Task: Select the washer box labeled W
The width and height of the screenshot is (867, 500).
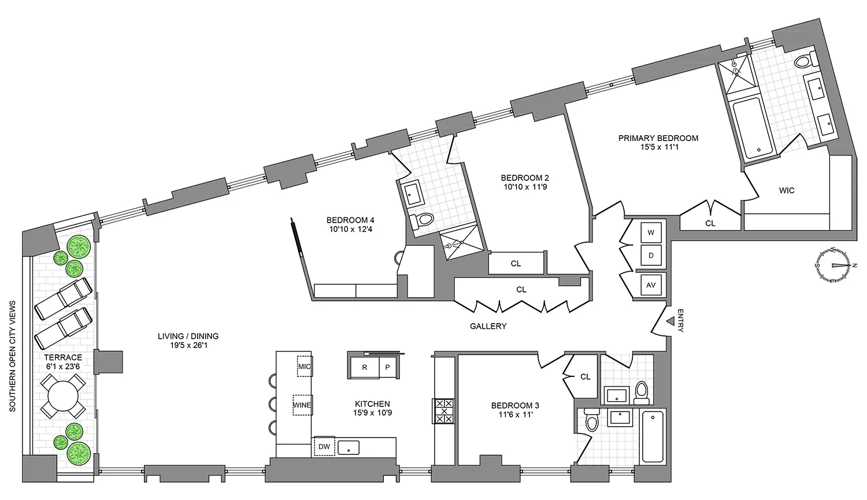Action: coord(651,233)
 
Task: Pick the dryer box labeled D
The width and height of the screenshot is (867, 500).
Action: coord(651,255)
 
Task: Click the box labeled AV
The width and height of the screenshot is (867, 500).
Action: coord(651,285)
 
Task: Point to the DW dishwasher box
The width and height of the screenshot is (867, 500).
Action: coord(324,447)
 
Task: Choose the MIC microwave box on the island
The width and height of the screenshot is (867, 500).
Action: coord(305,366)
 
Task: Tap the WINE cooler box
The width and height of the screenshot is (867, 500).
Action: coord(302,405)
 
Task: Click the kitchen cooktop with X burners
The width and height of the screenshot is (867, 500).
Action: coord(444,411)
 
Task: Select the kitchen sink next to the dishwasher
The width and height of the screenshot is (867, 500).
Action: coord(349,447)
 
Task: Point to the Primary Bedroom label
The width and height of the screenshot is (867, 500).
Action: coord(658,138)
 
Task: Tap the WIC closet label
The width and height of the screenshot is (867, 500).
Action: coord(787,190)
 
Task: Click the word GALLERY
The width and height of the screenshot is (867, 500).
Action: coord(488,327)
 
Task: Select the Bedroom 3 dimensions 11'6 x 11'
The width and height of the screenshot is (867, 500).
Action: coord(515,414)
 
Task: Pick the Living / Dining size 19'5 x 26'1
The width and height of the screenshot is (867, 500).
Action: coord(188,345)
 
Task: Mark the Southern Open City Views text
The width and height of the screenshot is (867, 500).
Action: coord(13,356)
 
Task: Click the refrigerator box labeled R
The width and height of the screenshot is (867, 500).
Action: coord(364,367)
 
